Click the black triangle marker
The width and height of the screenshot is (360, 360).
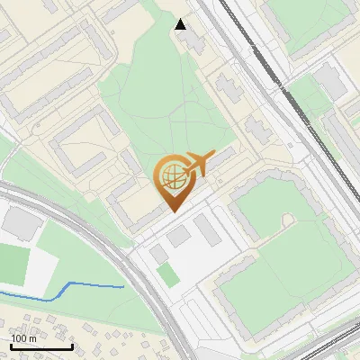(x=181, y=24)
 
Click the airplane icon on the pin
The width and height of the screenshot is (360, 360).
(x=199, y=164)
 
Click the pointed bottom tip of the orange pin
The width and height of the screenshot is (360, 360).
(x=174, y=210)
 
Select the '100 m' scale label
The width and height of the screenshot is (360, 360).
(x=24, y=338)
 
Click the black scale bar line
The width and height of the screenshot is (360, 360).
(x=41, y=346)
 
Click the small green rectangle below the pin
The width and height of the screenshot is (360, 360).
(x=166, y=274)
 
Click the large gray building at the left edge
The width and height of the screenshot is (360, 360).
(x=18, y=221)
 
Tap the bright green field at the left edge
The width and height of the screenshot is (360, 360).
(x=13, y=264)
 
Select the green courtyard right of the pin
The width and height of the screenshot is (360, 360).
(x=270, y=211)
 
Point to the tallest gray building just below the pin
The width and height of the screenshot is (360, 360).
(x=208, y=230)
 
